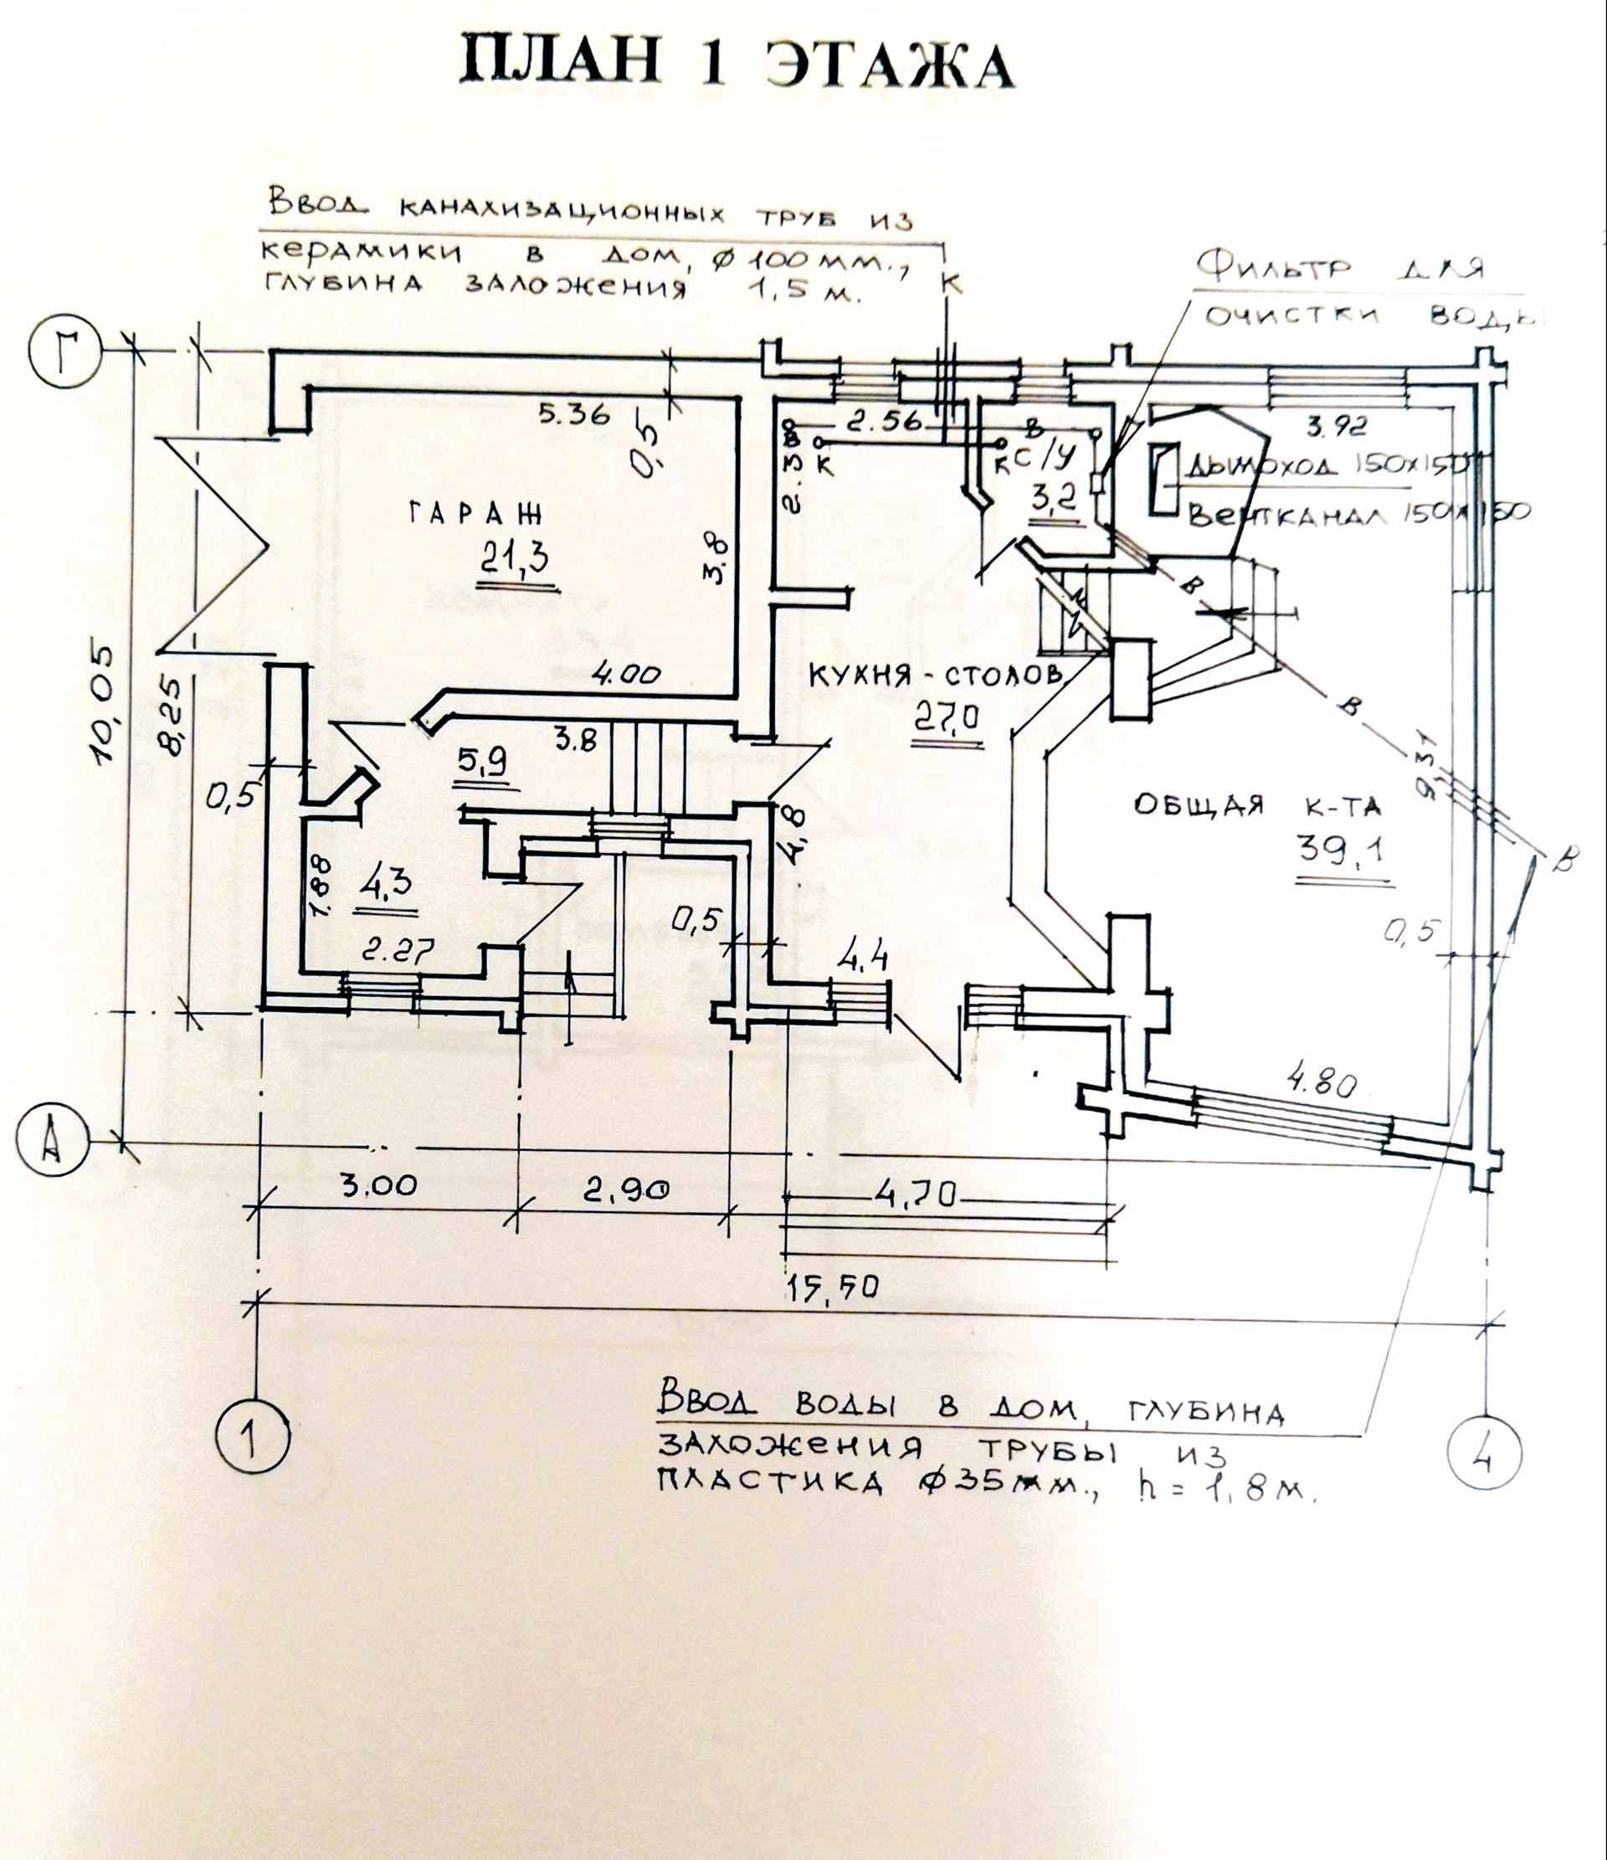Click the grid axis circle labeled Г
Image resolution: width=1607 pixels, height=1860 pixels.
point(64,344)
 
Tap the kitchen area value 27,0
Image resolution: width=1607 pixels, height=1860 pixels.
point(947,718)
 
